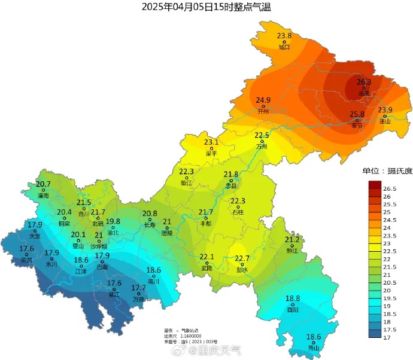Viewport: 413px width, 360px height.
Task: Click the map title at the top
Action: pyautogui.click(x=206, y=7)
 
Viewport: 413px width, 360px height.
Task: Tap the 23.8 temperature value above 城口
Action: pyautogui.click(x=284, y=36)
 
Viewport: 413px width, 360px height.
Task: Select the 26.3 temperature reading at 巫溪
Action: pyautogui.click(x=364, y=82)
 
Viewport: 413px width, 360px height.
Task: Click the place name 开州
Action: pyautogui.click(x=263, y=111)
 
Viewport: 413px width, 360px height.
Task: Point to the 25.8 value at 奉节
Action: pyautogui.click(x=357, y=114)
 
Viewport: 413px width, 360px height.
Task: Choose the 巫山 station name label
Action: pyautogui.click(x=385, y=121)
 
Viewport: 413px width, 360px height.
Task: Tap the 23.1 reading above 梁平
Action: pyautogui.click(x=211, y=142)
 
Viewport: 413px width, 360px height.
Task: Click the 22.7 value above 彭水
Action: pyautogui.click(x=242, y=258)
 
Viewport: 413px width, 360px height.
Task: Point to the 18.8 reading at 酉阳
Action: pyautogui.click(x=293, y=298)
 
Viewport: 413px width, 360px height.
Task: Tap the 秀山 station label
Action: pyautogui.click(x=314, y=348)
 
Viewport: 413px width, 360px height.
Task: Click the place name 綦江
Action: pyautogui.click(x=114, y=295)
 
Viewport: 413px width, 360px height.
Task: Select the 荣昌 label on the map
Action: pyautogui.click(x=27, y=260)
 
